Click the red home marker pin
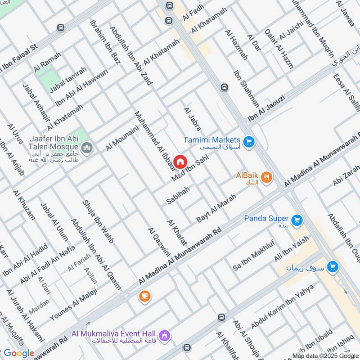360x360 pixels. pos(180,162)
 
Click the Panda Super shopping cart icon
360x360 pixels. pos(297,220)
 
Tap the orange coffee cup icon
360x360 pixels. pos(144,296)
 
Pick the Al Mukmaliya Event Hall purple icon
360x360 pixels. pos(165,335)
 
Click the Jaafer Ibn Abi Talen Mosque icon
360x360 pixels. pos(87,147)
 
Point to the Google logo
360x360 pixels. pos(18,353)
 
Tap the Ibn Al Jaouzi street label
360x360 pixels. pos(266,108)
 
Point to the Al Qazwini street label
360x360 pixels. pos(158,247)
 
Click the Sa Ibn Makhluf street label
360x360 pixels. pos(253,259)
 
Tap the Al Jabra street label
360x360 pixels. pos(192,119)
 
